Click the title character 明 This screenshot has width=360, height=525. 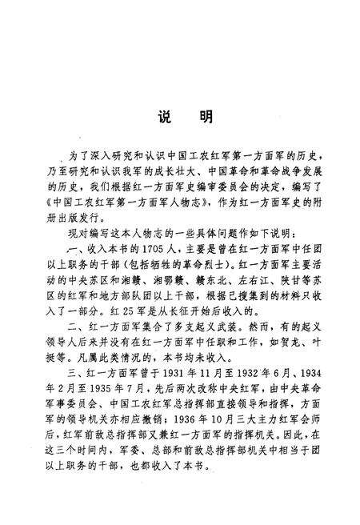coord(206,118)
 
